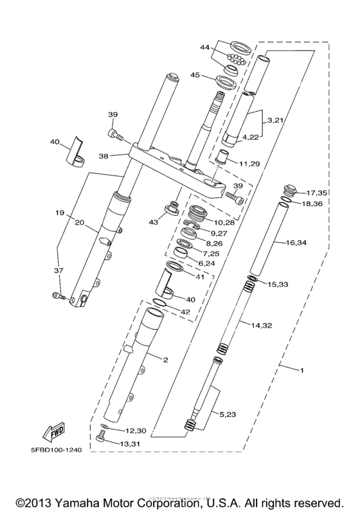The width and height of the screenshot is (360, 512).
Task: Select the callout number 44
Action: [x=205, y=48]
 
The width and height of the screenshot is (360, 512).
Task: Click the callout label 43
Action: [x=153, y=222]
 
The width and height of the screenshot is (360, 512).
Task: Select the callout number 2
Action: [x=165, y=360]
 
